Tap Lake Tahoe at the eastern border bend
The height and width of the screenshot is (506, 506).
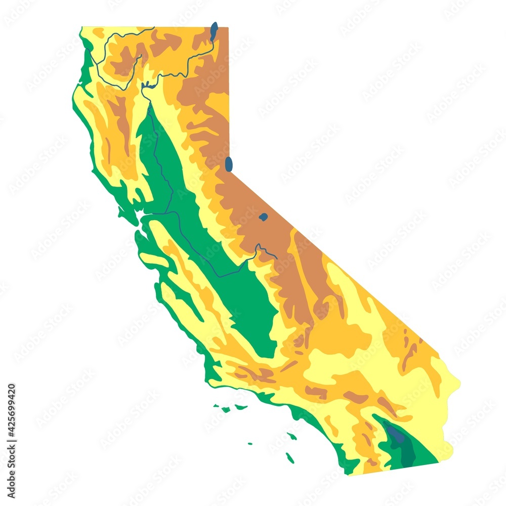click(229, 164)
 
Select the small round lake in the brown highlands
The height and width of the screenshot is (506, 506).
click(263, 217)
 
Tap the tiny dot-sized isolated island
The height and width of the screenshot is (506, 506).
click(250, 444)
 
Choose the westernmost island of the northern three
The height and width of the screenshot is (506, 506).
click(216, 405)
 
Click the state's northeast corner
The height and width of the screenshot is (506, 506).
click(228, 27)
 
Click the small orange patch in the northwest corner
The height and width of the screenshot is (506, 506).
click(98, 32)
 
